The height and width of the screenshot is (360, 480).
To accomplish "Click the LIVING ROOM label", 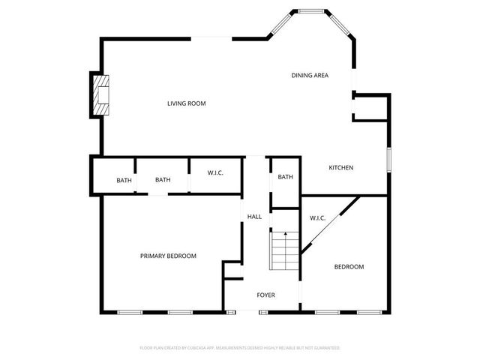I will pos(186,103).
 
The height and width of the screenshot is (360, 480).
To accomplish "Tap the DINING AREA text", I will pos(310,75).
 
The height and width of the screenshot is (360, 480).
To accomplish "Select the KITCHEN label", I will pos(341,167).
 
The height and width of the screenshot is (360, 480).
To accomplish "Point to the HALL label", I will pos(254,217).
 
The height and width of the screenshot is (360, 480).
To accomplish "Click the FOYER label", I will pos(265,295).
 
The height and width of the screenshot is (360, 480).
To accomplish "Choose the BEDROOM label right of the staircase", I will pos(349,267).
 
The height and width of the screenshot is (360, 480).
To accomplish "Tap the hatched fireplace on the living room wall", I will pos(99,94).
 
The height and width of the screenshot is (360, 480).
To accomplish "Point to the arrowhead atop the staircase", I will pos(285,235).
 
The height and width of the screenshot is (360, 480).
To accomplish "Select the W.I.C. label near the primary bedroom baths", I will pos(215,173).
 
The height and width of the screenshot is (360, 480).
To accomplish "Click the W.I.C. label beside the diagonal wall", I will pos(317,218).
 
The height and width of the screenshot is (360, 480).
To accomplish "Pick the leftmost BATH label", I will pos(124,180).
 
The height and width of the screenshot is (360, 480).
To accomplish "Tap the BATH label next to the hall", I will pos(285,177).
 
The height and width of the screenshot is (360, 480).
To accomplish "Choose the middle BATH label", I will pos(163,180).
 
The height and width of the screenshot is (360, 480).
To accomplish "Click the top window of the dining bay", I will pos(310,11).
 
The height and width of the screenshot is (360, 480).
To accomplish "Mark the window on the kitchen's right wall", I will pos(389,160).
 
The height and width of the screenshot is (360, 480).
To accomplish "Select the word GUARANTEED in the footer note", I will pos(326,348).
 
